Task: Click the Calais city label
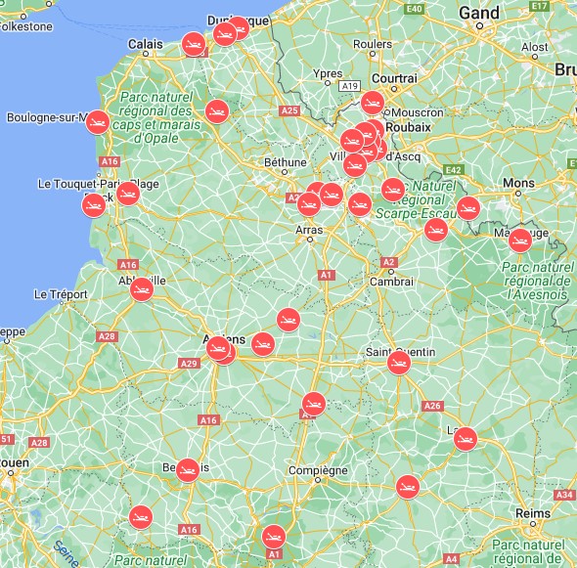click(146, 43)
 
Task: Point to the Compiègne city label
click(319, 470)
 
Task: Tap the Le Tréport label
click(61, 293)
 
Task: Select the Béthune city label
click(286, 162)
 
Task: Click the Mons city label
click(518, 184)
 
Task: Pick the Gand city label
click(478, 14)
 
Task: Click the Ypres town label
click(327, 73)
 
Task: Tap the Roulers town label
click(372, 44)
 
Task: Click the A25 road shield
click(289, 110)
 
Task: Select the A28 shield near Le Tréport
click(107, 336)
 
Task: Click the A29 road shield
click(189, 364)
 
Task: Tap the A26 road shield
click(432, 406)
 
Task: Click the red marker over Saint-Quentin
click(398, 363)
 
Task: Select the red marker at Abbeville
click(143, 288)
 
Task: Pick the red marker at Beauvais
click(187, 469)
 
